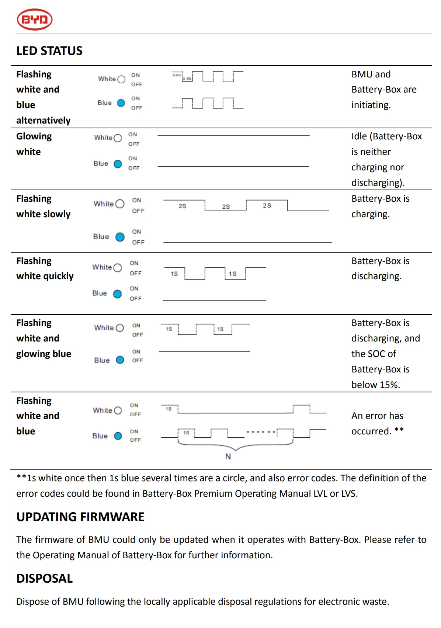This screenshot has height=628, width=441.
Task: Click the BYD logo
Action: [35, 20]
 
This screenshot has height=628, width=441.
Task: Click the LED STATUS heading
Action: [49, 51]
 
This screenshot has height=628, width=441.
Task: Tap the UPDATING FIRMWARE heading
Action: [80, 517]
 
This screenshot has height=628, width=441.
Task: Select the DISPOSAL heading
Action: [45, 579]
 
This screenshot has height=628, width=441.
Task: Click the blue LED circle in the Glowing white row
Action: [118, 164]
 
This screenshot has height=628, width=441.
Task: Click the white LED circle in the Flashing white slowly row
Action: [119, 204]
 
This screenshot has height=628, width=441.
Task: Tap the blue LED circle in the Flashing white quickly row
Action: [117, 294]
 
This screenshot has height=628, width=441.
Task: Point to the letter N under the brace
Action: [228, 457]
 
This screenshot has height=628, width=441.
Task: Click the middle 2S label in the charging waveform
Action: [226, 207]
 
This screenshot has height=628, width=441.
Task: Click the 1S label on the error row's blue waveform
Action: [186, 433]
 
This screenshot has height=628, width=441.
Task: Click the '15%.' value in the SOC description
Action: [390, 385]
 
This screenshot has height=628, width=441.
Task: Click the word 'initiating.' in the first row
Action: [371, 105]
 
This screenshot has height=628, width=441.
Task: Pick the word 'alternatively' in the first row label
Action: [44, 121]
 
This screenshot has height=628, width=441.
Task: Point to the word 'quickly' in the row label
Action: [60, 276]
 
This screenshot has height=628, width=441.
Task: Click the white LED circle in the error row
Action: [118, 410]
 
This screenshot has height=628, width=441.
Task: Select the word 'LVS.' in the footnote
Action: [349, 494]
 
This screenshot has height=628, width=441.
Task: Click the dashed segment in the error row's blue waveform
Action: [261, 431]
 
